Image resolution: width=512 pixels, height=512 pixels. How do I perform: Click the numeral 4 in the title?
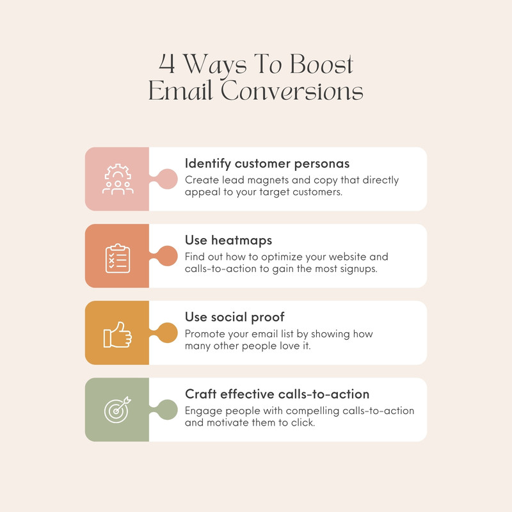tap(167, 65)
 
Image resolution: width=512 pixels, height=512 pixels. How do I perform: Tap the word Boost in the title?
tap(321, 65)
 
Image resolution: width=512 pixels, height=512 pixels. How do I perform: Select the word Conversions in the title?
tap(292, 91)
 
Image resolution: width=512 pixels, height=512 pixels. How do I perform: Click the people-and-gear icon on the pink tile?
tap(118, 179)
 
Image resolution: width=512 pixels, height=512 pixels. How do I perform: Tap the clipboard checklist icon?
tap(118, 257)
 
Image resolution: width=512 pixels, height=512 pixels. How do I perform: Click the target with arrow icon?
tap(118, 410)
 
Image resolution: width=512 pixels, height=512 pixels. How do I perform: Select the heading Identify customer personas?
tap(268, 163)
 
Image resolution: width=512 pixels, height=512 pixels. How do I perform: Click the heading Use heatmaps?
tap(228, 240)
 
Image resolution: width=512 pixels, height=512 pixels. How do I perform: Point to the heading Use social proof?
tap(235, 317)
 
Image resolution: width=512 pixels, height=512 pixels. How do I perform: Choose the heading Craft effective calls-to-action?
tap(277, 394)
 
